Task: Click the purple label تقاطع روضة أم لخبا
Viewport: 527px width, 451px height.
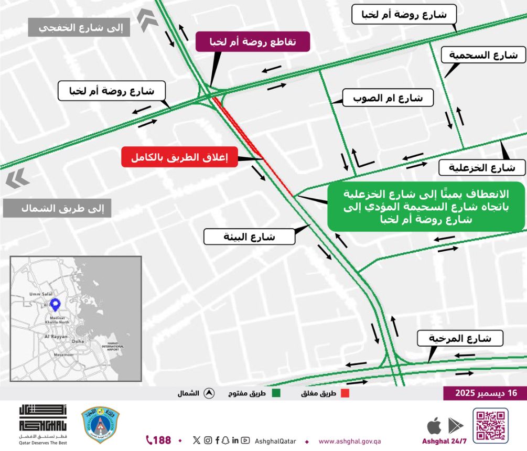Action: pos(253,41)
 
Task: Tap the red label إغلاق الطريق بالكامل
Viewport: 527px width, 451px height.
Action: pos(180,157)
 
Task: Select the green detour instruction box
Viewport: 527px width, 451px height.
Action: pos(426,207)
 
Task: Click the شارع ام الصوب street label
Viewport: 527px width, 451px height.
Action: pos(388,98)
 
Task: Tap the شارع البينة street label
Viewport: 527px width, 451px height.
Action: pos(249,237)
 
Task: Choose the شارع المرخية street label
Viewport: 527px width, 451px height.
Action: pos(460,338)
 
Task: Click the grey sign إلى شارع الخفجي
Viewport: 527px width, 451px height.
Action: pos(79,27)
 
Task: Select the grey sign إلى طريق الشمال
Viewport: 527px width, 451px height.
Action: pos(57,208)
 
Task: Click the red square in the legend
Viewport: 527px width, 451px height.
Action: pos(345,393)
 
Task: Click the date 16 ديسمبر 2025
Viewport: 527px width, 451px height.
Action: pos(485,393)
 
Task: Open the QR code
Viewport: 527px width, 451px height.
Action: pos(490,425)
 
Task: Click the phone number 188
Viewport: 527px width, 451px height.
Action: pos(159,440)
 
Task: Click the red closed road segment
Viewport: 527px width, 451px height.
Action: pos(253,146)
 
